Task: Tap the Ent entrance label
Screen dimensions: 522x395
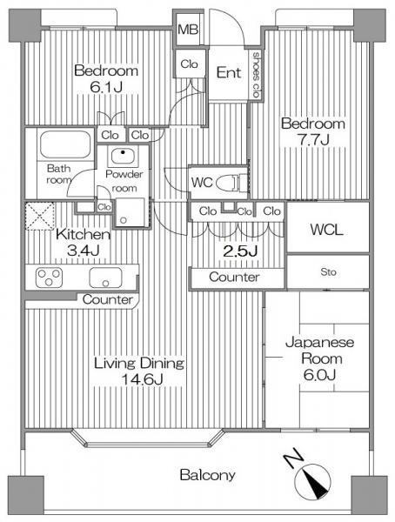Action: pos(229,73)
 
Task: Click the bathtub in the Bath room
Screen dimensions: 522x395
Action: pos(66,143)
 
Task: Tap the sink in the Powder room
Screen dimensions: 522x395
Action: pos(123,157)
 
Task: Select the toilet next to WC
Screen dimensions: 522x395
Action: pos(227,183)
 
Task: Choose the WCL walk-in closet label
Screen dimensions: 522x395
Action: pos(327,231)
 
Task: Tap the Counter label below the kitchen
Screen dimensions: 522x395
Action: pos(108,300)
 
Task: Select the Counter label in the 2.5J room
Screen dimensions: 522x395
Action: pos(234,278)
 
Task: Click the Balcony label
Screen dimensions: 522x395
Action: pos(207,476)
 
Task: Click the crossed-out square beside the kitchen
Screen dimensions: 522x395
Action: pos(40,215)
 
